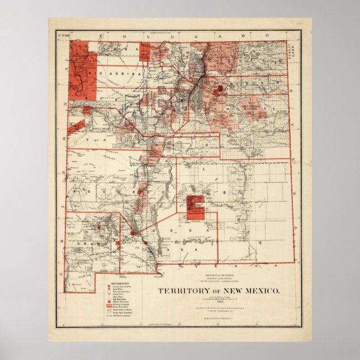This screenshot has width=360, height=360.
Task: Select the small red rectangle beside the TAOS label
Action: coord(144,53)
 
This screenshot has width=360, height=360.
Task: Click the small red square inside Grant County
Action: coord(118,243)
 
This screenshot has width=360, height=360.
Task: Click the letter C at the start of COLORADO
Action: coord(102,36)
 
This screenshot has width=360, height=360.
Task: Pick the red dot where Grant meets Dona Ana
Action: coord(133,233)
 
